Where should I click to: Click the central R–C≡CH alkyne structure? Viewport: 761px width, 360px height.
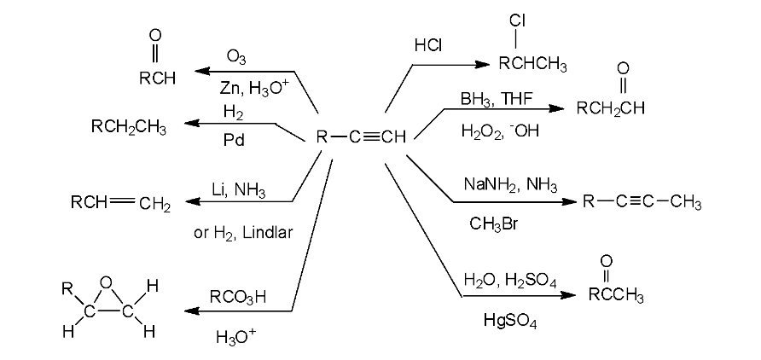361,137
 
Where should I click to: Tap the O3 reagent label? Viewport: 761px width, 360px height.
236,57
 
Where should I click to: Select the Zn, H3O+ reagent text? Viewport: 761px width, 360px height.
252,89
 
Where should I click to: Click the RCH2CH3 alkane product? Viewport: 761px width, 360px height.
129,127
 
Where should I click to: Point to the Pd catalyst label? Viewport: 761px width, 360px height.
234,141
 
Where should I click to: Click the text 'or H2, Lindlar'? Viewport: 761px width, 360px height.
243,233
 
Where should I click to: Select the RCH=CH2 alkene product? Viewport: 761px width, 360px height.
120,204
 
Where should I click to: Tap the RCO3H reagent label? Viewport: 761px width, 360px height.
238,298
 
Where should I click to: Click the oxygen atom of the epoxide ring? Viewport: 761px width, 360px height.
107,282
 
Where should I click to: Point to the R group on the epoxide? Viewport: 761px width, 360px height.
67,290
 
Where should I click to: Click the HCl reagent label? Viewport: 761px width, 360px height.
428,45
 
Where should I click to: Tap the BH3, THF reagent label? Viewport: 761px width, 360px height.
497,99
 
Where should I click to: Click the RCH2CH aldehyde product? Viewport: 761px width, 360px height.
611,108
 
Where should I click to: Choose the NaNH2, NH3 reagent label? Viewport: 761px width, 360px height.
510,185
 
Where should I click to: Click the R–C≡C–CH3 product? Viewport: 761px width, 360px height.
642,202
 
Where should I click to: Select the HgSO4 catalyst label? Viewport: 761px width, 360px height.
510,322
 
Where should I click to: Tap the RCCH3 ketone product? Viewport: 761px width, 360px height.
616,295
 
